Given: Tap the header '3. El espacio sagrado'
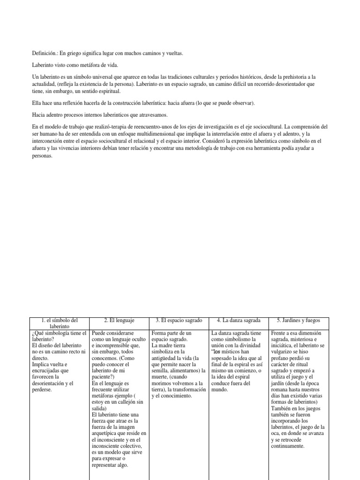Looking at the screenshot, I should pos(179,320).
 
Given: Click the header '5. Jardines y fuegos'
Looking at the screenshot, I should pos(298,320).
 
